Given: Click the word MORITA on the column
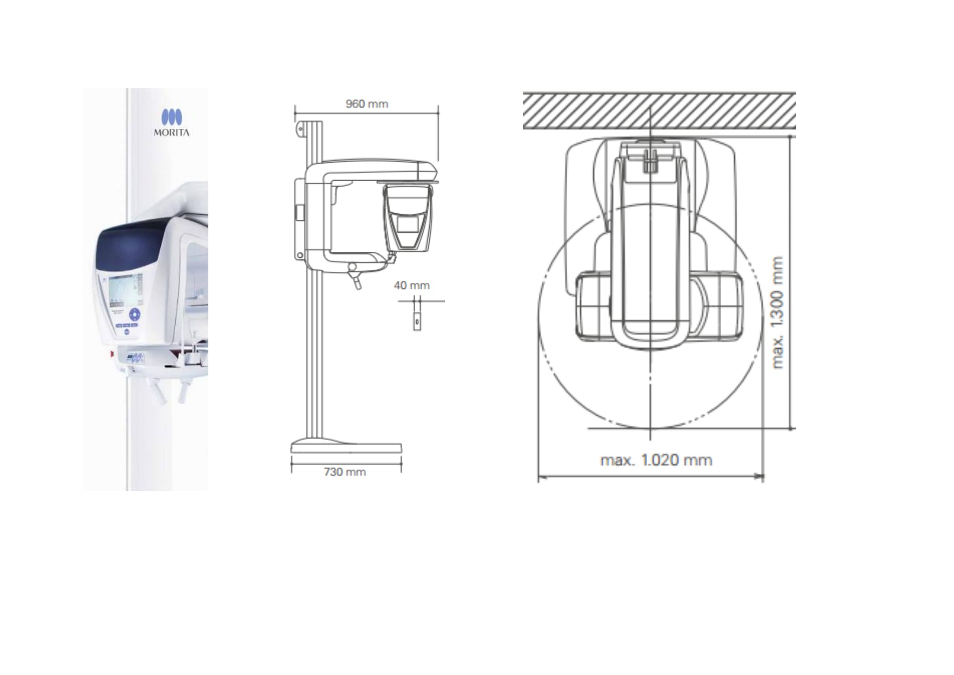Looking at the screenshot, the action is [x=171, y=132].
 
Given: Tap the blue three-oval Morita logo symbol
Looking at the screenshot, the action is [x=171, y=117].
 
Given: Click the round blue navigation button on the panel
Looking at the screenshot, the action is [x=134, y=315].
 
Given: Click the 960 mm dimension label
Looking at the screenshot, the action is [x=367, y=104].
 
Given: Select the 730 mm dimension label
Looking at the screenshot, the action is [x=345, y=472].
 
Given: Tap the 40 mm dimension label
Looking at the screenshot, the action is [x=412, y=286].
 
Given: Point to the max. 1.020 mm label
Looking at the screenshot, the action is [x=656, y=460].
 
